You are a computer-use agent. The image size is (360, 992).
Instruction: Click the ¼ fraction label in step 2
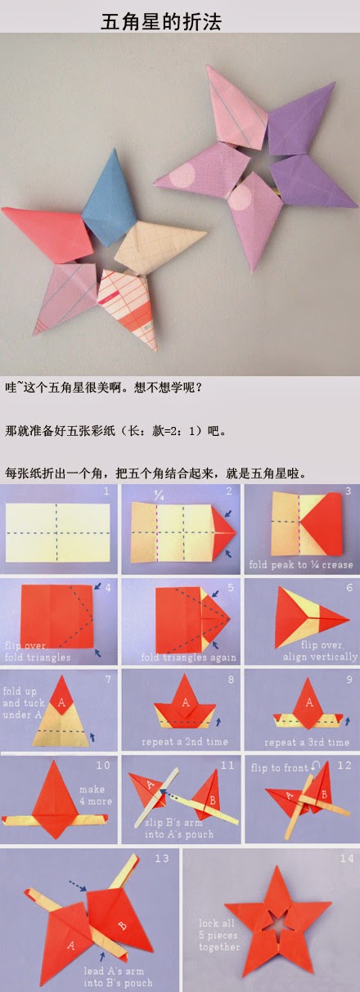pos(159,494)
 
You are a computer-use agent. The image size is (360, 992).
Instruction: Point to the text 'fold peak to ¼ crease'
pos(302,564)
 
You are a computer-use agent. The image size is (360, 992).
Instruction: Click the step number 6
pos(349,587)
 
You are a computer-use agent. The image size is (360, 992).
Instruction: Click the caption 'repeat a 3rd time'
pos(305,742)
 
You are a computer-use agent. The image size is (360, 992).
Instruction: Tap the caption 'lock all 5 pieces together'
pos(219,935)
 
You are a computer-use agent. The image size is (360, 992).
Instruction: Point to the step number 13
pos(161,859)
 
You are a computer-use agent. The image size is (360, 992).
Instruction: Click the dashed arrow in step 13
pos(79,884)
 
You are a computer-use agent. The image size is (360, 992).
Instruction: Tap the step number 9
pos(349,678)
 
